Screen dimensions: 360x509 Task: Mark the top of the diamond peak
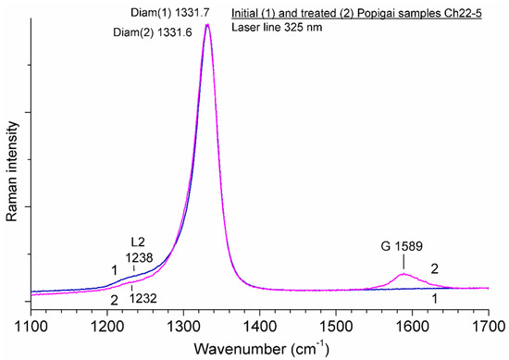pyautogui.click(x=207, y=25)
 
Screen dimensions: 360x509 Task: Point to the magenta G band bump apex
pyautogui.click(x=403, y=274)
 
